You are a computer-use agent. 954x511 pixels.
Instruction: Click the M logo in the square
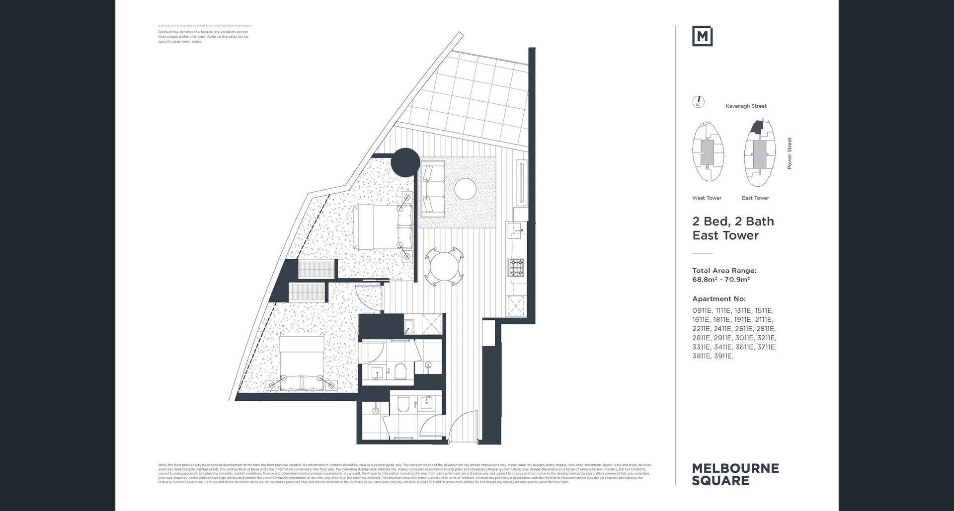pos(702,36)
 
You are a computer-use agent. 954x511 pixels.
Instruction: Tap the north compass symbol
pos(699,102)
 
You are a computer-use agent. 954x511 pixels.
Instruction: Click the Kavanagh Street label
pos(746,106)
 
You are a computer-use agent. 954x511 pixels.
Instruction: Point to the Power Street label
pos(789,153)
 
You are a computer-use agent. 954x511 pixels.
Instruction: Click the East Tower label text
pos(755,198)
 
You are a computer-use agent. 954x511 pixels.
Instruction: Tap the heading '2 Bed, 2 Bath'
pos(733,221)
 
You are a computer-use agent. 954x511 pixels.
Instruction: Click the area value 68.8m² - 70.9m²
pos(721,280)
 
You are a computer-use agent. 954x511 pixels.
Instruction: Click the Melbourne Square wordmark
pos(735,474)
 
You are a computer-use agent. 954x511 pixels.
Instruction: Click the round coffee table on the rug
pos(466,189)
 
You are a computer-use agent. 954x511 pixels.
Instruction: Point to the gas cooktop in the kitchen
pos(516,268)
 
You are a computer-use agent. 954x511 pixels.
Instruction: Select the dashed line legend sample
pos(205,26)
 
